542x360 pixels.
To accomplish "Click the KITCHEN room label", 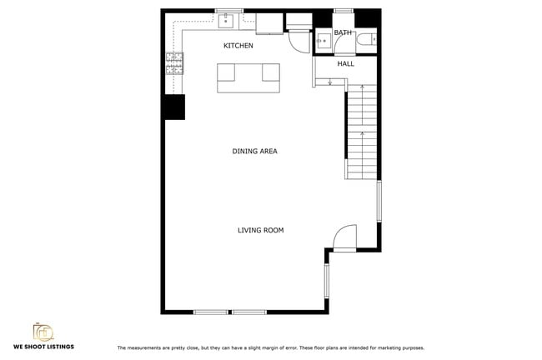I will tap(238, 46).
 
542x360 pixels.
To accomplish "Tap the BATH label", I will tap(343, 33).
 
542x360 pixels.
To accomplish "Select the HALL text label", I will tap(345, 63).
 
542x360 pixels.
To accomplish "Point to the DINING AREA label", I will tap(254, 152).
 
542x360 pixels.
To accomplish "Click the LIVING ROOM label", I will tap(260, 230).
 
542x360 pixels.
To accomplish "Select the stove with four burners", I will tap(174, 63).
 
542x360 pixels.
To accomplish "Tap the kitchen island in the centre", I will tap(248, 77).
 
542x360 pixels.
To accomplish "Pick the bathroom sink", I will tap(322, 40).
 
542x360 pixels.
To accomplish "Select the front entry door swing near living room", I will tap(344, 239).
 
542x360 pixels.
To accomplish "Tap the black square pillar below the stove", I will tap(174, 107).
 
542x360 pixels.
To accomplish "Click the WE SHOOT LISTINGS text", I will tap(43, 347).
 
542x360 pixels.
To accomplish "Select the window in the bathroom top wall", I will tap(344, 11).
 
